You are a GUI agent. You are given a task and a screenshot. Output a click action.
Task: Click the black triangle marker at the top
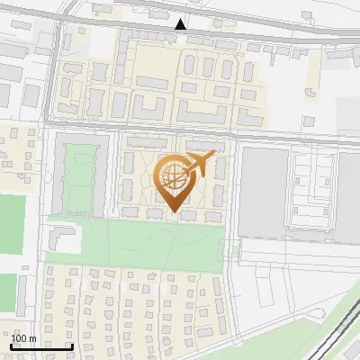tap(181, 24)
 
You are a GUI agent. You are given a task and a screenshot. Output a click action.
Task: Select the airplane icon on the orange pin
tap(198, 165)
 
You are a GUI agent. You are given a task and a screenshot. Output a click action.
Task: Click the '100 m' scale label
tap(23, 338)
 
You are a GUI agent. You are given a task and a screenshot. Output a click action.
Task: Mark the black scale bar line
tap(41, 346)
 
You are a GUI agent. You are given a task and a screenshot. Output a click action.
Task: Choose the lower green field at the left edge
tap(7, 292)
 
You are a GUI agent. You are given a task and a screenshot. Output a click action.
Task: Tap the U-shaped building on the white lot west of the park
tap(61, 238)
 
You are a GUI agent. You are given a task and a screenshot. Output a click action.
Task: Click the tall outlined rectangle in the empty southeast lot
tap(265, 288)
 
